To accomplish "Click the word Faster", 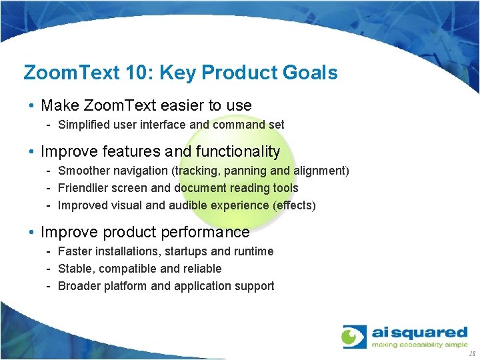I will point(74,251).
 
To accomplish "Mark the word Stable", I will point(74,269).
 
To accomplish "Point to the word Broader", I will point(79,286).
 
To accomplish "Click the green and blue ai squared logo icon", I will point(354,336).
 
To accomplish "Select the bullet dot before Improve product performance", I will point(32,233).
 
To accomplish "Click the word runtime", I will point(253,251).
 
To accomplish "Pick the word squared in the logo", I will point(434,332).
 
